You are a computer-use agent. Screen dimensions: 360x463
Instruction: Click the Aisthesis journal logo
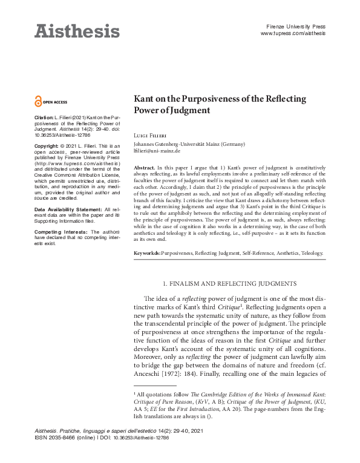point(76,30)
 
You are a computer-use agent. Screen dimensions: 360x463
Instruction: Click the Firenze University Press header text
point(296,27)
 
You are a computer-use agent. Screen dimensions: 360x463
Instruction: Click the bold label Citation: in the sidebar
point(44,116)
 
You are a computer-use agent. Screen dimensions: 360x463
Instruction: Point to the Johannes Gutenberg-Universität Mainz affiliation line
point(189,145)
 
